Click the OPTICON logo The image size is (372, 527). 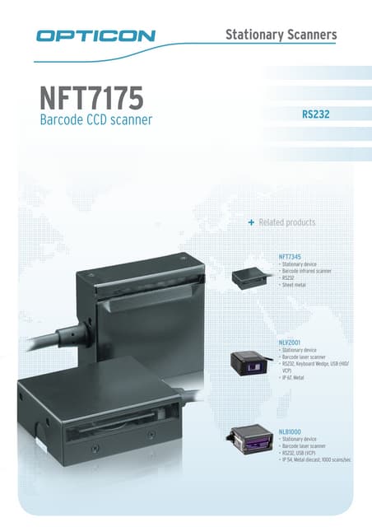(x=95, y=35)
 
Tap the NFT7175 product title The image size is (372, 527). (x=91, y=98)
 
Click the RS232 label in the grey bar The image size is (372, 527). (x=316, y=114)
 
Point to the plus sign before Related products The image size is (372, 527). (x=251, y=223)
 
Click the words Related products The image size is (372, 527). (x=286, y=223)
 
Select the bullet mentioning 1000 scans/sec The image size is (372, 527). (x=316, y=459)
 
